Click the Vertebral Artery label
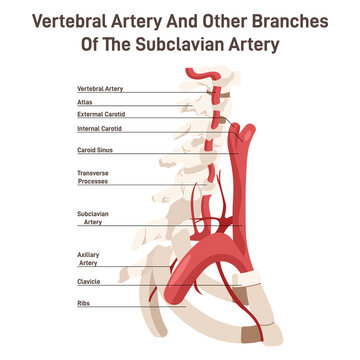pyautogui.click(x=100, y=89)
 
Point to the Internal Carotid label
pyautogui.click(x=99, y=128)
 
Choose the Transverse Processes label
pyautogui.click(x=93, y=177)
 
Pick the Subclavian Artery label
pyautogui.click(x=91, y=218)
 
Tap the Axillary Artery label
pyautogui.click(x=88, y=258)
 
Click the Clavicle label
pyautogui.click(x=88, y=282)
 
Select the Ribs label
pyautogui.click(x=83, y=302)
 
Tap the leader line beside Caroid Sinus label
pyautogui.click(x=160, y=150)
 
